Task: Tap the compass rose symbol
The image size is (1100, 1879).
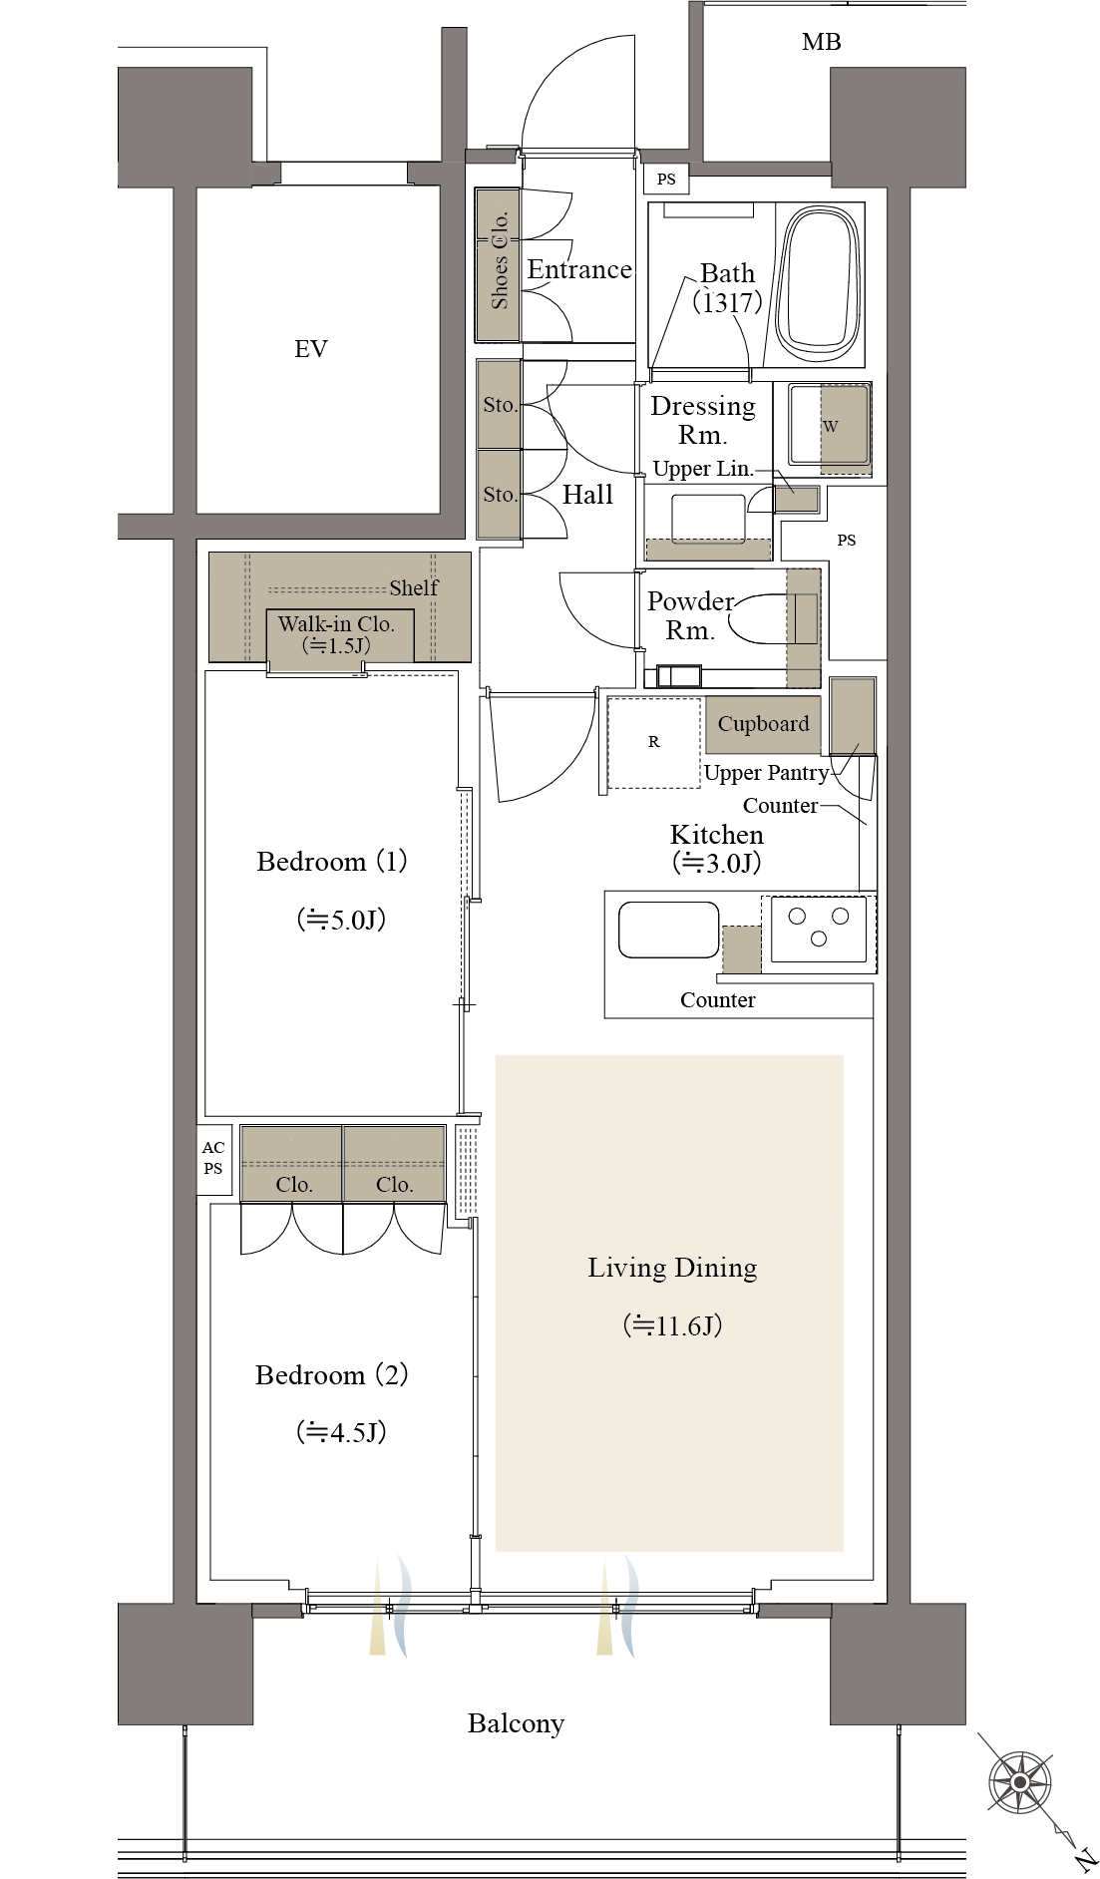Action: click(x=1019, y=1780)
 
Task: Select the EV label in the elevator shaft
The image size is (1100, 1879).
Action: click(x=311, y=348)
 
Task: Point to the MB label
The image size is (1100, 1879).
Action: click(x=822, y=42)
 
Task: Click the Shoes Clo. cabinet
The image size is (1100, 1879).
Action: click(x=498, y=263)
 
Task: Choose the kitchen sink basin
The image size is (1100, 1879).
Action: click(x=668, y=930)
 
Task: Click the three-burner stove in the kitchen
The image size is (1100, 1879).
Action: click(x=819, y=928)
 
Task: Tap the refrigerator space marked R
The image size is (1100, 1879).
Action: click(x=654, y=742)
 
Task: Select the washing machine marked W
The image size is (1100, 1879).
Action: click(x=830, y=427)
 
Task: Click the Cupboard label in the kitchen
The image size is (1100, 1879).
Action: click(x=763, y=724)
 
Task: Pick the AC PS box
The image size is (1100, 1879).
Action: click(x=213, y=1159)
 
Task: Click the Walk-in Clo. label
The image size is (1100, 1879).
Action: click(x=336, y=624)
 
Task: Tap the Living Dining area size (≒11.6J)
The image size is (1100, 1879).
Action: click(x=672, y=1325)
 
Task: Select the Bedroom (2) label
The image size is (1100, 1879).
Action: click(x=332, y=1375)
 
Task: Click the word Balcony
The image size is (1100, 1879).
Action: click(x=516, y=1723)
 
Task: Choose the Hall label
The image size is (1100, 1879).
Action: click(x=587, y=495)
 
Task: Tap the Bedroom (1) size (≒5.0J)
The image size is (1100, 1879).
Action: click(x=341, y=920)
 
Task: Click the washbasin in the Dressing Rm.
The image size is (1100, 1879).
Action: click(x=708, y=519)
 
